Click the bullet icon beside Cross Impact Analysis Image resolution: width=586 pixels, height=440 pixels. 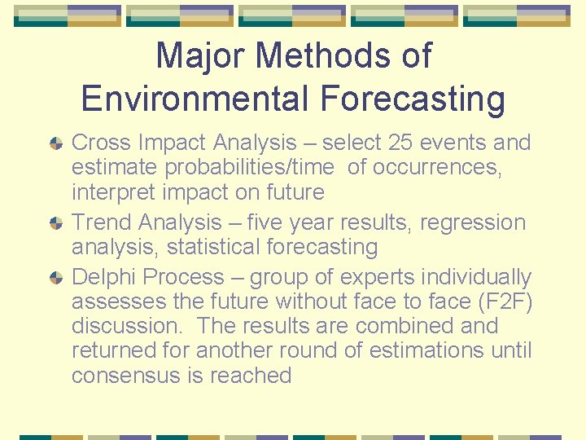(55, 143)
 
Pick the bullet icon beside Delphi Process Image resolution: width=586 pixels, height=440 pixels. (55, 279)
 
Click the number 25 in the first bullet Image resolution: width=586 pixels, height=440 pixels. (400, 143)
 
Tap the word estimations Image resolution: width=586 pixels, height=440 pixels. (439, 351)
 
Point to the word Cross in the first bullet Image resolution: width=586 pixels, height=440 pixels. (101, 143)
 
